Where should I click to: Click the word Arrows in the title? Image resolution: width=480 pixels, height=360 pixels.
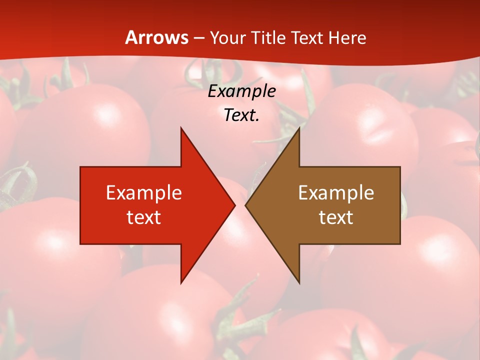coord(157,37)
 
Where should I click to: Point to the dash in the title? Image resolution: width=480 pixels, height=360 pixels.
coord(198,38)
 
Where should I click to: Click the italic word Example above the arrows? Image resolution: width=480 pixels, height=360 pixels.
coord(242,91)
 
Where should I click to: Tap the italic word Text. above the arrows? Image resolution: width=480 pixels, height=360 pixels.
coord(242,115)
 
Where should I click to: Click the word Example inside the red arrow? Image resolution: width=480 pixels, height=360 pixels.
coord(144,193)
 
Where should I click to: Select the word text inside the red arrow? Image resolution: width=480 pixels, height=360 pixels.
coord(144,217)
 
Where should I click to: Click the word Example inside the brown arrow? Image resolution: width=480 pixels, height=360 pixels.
coord(336,193)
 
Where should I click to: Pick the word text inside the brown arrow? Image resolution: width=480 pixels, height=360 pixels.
coord(336,217)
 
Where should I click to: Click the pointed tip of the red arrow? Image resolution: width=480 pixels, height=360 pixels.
coord(234,205)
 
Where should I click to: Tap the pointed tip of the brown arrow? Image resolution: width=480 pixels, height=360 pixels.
coord(245,205)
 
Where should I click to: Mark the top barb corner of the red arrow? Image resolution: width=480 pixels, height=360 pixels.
coord(181,128)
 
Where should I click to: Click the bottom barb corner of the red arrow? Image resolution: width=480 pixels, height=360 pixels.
coord(181,283)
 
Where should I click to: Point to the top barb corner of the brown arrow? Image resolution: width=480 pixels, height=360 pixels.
coord(299,128)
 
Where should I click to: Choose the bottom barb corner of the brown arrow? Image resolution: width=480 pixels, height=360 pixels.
coord(299,283)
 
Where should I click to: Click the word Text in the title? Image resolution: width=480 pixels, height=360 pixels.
coord(308,38)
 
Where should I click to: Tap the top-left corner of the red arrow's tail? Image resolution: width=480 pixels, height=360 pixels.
coord(80,167)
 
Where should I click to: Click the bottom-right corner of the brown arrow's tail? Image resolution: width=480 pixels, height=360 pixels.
coord(400,244)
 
